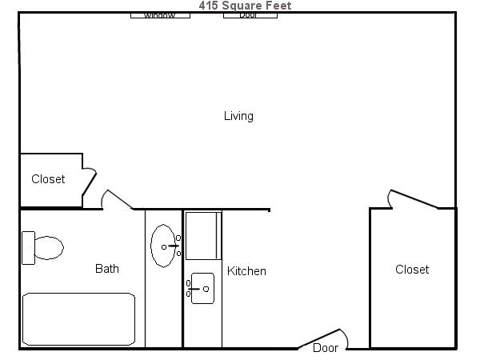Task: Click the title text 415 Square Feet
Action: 245,6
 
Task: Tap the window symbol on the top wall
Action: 160,15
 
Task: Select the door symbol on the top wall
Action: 250,15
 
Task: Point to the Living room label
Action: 238,116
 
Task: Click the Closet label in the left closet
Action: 48,179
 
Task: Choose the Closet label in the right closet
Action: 412,270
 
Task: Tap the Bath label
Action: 107,269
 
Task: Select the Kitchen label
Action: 246,271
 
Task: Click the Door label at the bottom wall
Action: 326,348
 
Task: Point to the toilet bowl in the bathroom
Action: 48,248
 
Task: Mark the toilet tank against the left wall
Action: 28,247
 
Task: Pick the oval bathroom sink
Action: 163,246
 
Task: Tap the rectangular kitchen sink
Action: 202,288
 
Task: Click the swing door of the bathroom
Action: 117,199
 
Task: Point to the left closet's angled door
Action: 88,182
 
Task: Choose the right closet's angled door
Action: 412,199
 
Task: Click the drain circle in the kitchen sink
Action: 206,289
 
